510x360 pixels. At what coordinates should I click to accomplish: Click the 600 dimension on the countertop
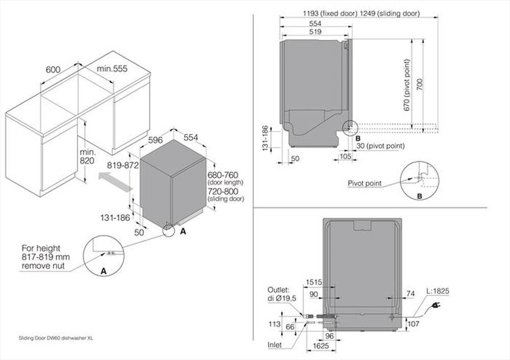(54, 69)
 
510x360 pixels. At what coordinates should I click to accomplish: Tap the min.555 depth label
(112, 68)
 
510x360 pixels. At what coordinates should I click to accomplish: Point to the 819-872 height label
(122, 165)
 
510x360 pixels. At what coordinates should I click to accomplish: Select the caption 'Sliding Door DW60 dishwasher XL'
(56, 338)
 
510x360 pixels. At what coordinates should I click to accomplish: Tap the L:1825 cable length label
(438, 290)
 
